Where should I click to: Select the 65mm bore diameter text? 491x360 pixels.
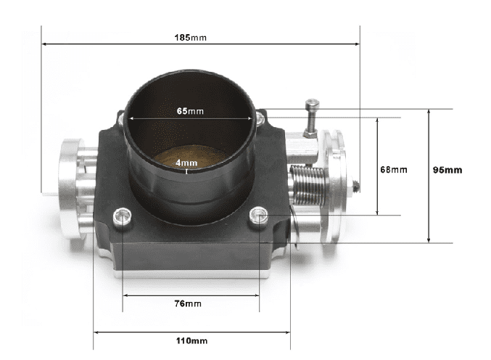(x=190, y=111)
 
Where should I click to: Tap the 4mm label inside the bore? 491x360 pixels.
(x=186, y=163)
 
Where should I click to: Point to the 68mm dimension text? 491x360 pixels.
(x=394, y=169)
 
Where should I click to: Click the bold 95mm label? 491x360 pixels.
(x=447, y=170)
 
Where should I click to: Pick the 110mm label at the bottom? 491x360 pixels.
(x=191, y=340)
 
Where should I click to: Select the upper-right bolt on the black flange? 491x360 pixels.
(x=259, y=115)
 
